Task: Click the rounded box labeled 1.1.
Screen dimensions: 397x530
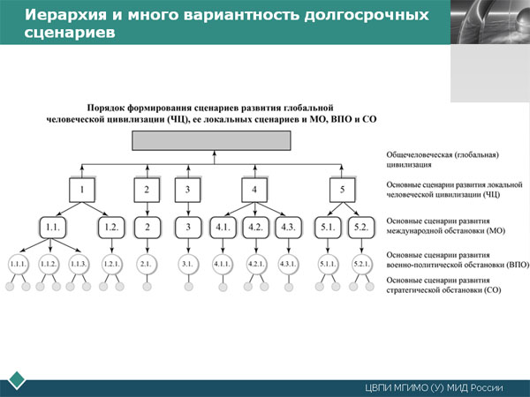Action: click(52, 227)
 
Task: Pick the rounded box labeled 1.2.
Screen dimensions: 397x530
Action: click(111, 227)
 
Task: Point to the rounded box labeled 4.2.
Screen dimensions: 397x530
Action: click(255, 227)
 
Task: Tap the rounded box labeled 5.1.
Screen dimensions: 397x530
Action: click(327, 227)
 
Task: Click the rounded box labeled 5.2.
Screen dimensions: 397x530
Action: click(360, 227)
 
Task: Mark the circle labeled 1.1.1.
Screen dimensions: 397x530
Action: click(19, 264)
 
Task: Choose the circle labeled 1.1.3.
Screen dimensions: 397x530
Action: click(78, 264)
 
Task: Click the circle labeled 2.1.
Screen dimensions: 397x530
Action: click(147, 264)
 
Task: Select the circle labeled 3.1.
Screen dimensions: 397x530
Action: click(187, 264)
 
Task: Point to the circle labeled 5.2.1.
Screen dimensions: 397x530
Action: click(361, 264)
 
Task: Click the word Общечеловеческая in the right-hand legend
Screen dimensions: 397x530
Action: click(420, 154)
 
